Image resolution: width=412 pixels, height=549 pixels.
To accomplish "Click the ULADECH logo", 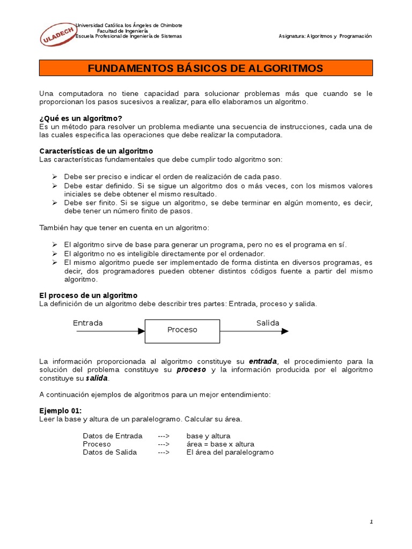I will tap(56, 35).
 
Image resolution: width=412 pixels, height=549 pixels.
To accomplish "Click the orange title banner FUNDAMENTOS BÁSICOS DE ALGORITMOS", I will tap(205, 68).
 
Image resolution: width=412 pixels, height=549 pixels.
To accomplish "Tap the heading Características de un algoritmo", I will tap(96, 151).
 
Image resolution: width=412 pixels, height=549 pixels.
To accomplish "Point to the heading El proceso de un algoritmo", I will tap(89, 295).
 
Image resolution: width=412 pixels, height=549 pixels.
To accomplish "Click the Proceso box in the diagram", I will tap(182, 330).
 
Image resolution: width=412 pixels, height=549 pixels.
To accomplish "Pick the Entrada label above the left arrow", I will tap(88, 323).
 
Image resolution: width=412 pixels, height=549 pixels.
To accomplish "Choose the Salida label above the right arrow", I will tap(268, 323).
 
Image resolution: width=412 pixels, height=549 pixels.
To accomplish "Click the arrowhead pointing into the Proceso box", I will tap(142, 331).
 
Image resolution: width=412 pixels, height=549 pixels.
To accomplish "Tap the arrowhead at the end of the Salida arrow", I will tap(285, 331).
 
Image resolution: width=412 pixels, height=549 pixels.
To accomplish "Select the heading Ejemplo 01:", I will tap(61, 411).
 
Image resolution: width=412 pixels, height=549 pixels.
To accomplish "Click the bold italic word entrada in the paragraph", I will tap(263, 361).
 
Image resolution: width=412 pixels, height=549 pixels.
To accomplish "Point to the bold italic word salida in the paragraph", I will tap(97, 379).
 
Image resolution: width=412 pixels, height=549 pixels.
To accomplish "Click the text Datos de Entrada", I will tap(113, 436).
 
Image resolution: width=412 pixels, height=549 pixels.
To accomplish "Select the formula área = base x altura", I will tap(220, 444).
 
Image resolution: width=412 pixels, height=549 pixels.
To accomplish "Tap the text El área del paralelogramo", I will tap(230, 452).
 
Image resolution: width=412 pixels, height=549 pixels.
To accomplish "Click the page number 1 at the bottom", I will tap(371, 522).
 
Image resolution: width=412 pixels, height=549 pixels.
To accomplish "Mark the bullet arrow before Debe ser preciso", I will tap(55, 176).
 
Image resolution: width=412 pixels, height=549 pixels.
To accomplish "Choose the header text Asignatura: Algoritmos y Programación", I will tap(325, 36).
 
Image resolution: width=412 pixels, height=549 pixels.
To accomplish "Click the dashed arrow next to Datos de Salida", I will tap(164, 452).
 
